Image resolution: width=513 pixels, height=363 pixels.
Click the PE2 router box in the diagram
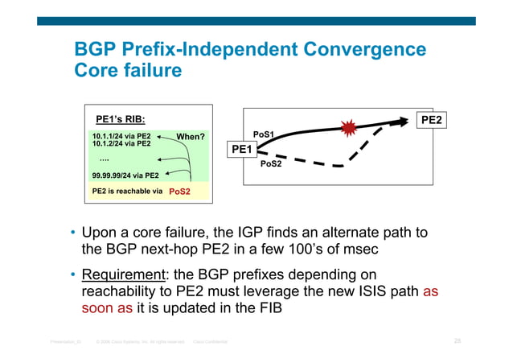pyautogui.click(x=432, y=120)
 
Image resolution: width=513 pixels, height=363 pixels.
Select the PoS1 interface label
pyautogui.click(x=264, y=134)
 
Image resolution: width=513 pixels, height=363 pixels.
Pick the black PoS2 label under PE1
pyautogui.click(x=271, y=164)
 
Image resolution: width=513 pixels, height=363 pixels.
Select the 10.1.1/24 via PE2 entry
pyautogui.click(x=121, y=136)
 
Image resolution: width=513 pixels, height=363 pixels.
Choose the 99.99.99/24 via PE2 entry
pyautogui.click(x=125, y=174)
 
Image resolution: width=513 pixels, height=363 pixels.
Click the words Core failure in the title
pyautogui.click(x=128, y=71)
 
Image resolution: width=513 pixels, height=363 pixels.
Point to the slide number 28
pyautogui.click(x=457, y=342)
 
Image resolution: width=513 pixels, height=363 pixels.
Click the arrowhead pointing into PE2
pyautogui.click(x=400, y=121)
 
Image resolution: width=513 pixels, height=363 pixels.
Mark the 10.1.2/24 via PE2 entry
pyautogui.click(x=121, y=144)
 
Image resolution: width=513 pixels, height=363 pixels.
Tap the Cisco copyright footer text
pyautogui.click(x=142, y=342)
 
